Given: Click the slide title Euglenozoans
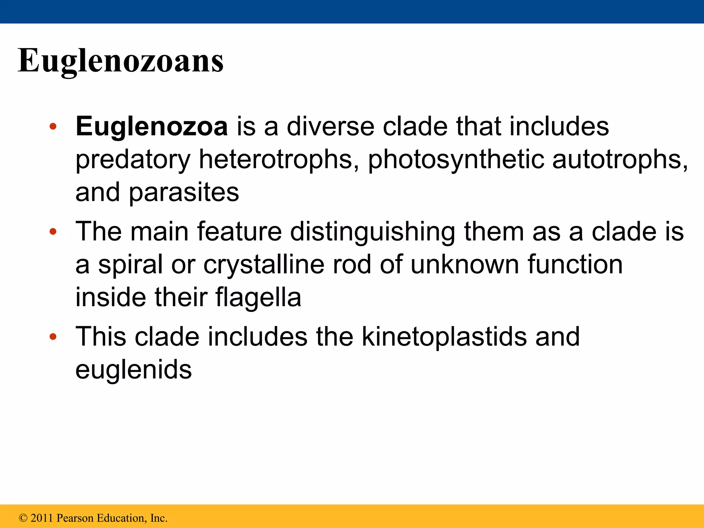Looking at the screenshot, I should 121,60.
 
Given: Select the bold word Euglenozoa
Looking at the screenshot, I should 152,126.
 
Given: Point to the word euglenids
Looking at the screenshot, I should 133,369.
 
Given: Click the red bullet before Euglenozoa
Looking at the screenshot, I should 53,127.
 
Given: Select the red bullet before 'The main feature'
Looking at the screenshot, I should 53,232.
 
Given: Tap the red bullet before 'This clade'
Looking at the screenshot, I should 53,337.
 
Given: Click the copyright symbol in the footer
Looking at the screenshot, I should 23,518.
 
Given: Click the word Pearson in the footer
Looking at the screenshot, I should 75,518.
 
